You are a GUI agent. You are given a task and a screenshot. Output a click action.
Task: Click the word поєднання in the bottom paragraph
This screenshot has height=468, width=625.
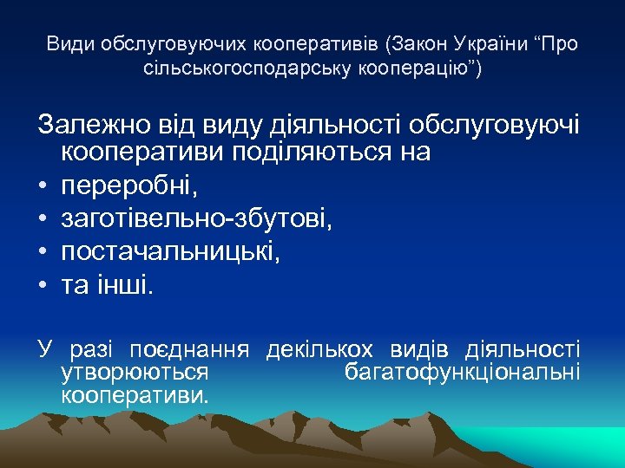click(189, 351)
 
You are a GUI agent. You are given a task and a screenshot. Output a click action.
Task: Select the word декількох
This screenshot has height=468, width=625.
click(319, 351)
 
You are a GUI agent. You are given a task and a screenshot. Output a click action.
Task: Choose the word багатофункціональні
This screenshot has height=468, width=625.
click(462, 373)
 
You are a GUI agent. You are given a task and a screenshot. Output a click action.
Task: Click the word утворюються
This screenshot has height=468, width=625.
click(135, 373)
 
